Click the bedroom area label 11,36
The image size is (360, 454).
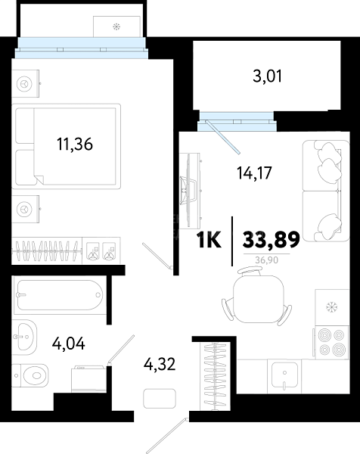coord(75,145)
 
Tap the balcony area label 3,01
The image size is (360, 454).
coord(267,76)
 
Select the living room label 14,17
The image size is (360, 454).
coord(254,173)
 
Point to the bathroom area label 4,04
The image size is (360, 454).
coord(69,344)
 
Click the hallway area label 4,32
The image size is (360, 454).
coord(160,364)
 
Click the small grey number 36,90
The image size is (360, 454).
coord(266,260)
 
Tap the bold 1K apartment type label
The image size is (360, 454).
coord(209,240)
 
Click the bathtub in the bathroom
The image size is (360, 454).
coord(60,295)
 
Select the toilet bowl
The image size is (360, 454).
coord(31,376)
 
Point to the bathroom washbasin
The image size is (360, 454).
coord(24,337)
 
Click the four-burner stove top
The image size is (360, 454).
coord(332,343)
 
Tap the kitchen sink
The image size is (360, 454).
coord(284,376)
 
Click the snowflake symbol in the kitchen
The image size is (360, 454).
coord(332,307)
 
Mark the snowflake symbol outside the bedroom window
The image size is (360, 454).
coord(116,27)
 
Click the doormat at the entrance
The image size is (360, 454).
coord(160,399)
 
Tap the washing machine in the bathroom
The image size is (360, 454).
coord(89,379)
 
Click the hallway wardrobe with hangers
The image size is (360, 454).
coord(215,376)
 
